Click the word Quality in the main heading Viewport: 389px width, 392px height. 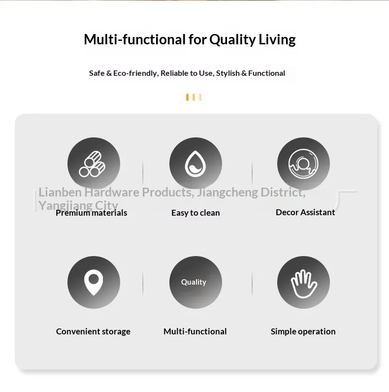coord(232,40)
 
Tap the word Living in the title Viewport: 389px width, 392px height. coord(277,40)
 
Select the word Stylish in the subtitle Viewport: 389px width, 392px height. coord(228,73)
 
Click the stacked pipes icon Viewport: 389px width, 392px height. coord(92,164)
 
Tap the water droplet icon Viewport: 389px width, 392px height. coord(195,164)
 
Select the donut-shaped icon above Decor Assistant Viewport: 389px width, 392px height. coord(303,164)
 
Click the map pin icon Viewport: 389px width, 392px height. coord(94,283)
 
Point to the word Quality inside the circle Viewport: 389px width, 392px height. coord(194,282)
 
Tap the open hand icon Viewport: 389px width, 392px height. coord(304,284)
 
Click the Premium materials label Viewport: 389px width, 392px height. coord(91,213)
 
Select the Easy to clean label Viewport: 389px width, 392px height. coord(195,213)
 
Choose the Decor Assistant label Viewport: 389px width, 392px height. coord(305,212)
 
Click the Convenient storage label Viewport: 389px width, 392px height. coord(93,331)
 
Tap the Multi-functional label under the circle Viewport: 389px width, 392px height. coord(195,331)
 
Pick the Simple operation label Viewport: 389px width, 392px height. coord(303,331)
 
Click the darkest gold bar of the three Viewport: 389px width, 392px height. coord(187,97)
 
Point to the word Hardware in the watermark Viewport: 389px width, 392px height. coord(112,192)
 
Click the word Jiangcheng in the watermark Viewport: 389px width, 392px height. coord(227,193)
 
